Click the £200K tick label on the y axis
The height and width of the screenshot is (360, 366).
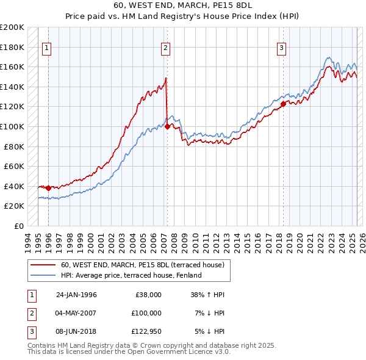[12, 27]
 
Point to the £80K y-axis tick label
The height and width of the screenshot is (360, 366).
[15, 146]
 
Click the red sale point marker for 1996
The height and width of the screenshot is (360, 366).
[49, 188]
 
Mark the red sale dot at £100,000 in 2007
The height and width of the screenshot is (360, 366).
[167, 127]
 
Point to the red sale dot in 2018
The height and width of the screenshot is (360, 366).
[283, 104]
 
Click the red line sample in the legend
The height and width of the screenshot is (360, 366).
[43, 265]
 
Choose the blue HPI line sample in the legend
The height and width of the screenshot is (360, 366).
[43, 276]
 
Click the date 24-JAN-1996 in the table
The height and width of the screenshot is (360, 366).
[76, 295]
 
